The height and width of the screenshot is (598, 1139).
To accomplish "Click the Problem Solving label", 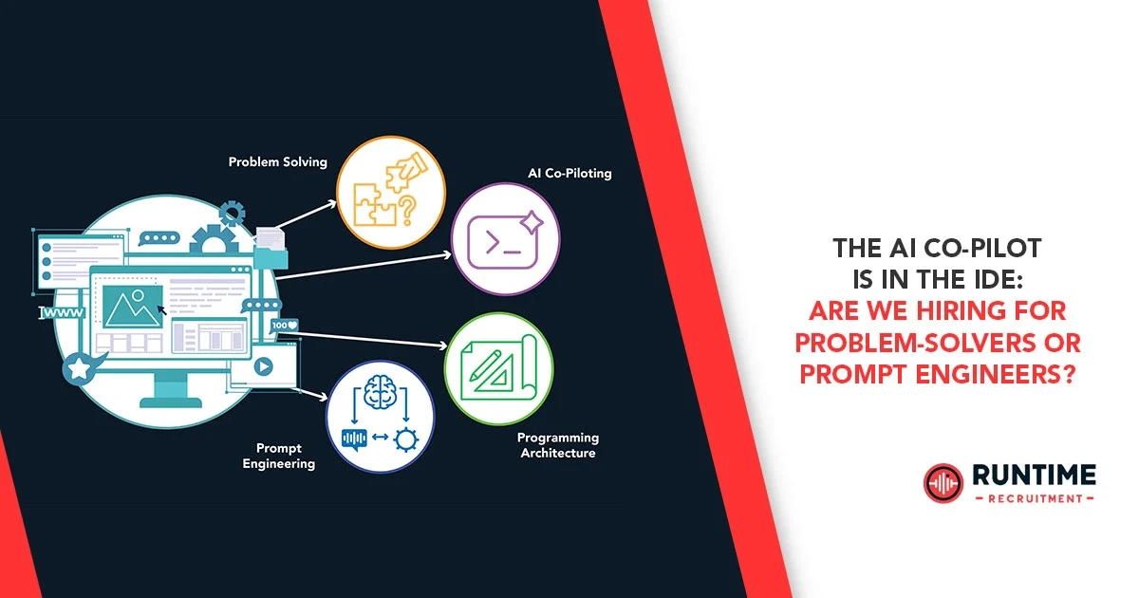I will pos(277,162).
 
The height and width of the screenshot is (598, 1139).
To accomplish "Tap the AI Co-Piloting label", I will pos(569,174).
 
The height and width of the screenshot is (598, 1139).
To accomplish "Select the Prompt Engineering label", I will pos(278,456).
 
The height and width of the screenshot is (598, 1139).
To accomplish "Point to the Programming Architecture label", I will pos(557,445).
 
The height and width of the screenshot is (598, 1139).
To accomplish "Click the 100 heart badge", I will pos(285,326).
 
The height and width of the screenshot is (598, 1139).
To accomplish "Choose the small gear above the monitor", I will pos(231,211).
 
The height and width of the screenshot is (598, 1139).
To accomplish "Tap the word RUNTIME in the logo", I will pos(1034,474).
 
